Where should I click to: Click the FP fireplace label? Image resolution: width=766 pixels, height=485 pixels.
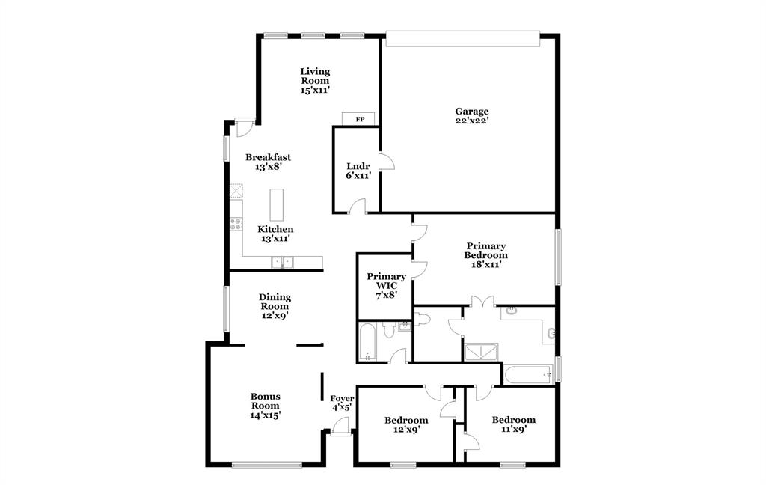point(360,120)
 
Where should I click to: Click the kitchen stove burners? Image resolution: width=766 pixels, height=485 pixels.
point(236,222)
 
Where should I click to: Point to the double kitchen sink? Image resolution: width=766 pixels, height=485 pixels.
point(283,262)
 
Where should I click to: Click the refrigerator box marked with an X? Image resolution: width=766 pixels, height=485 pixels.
point(236,190)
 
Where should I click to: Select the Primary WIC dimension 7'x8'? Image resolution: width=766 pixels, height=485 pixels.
point(385,295)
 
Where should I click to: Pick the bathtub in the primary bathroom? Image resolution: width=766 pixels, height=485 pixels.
point(527,373)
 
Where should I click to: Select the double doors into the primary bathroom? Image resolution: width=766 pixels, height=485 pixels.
point(483,302)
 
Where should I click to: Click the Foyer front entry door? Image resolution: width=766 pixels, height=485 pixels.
point(340,427)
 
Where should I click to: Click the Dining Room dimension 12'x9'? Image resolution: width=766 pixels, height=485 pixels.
point(275,316)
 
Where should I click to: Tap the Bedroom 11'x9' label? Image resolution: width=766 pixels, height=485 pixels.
point(513,424)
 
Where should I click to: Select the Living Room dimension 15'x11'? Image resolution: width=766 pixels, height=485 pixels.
point(315,90)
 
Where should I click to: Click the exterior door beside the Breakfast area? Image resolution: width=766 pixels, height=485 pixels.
point(244,126)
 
